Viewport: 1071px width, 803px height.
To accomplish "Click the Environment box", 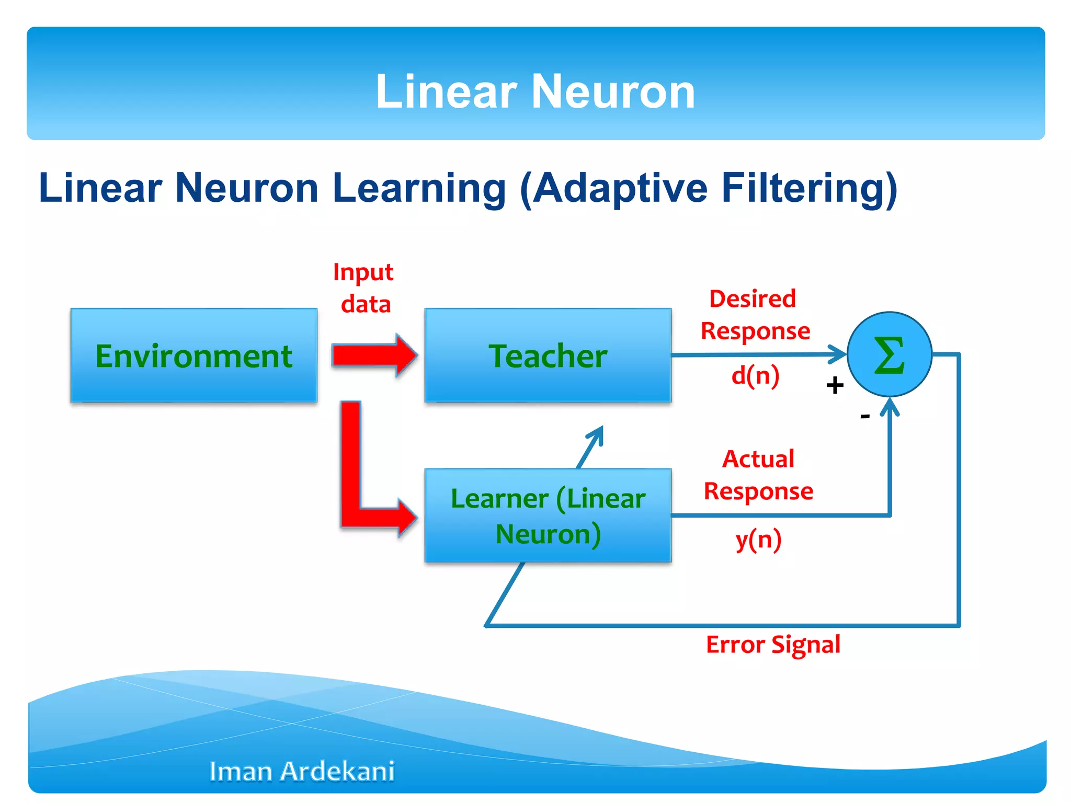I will coord(193,355).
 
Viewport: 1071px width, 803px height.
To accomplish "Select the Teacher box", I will coord(548,355).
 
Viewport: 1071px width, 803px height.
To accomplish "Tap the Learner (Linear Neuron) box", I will coord(548,515).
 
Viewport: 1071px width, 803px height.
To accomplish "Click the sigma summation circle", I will coord(889,354).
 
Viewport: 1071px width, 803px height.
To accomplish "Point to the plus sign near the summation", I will coord(835,385).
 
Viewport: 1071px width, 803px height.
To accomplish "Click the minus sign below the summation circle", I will coord(865,416).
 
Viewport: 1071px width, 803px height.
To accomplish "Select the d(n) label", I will coord(755,375).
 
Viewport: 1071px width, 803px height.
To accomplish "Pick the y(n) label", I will coord(758,540).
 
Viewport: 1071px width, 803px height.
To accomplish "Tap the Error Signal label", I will coord(773,645).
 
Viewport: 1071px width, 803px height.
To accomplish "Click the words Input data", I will coord(364,288).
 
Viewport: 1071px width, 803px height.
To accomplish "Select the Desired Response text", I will coord(755,315).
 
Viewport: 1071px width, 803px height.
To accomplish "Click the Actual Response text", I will coord(758,475).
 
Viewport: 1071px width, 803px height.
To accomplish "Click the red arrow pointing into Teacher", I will coord(374,355).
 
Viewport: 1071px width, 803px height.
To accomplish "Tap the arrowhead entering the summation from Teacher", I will coord(838,354).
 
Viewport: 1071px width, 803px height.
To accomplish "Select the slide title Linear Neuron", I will coord(535,91).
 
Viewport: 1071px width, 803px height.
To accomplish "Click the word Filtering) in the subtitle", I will coord(809,188).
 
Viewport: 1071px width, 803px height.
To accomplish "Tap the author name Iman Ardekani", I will coord(302,771).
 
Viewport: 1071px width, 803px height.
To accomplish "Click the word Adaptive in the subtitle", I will coord(620,188).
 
